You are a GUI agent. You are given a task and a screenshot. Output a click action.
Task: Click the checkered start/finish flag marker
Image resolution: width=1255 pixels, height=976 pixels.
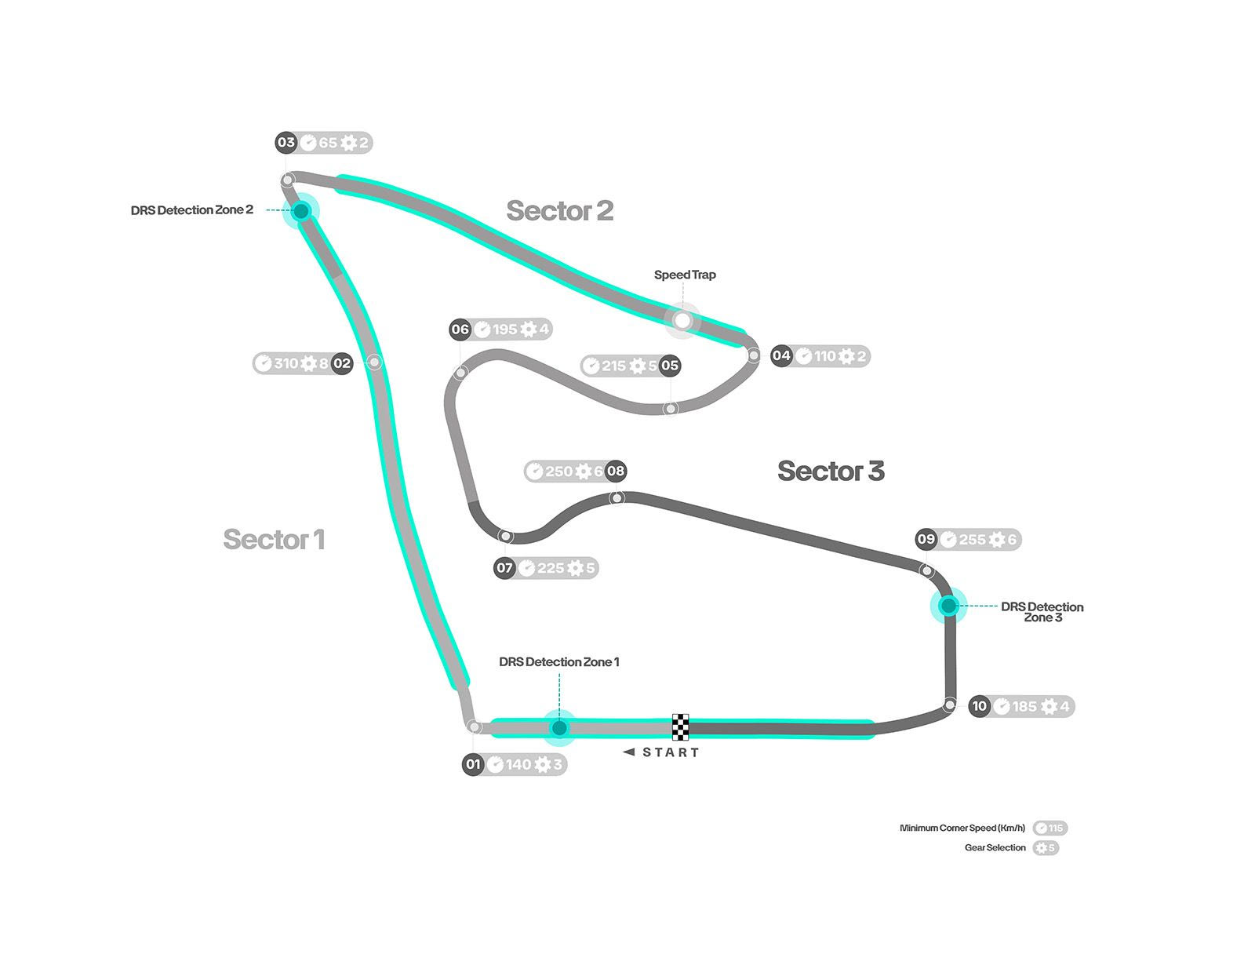tap(681, 727)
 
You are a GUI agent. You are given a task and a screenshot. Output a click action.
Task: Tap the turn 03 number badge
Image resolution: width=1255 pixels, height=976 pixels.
tap(286, 143)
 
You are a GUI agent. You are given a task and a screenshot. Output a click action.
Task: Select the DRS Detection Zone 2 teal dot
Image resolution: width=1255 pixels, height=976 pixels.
tap(301, 210)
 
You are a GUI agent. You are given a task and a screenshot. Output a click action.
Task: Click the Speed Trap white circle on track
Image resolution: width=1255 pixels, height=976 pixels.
tap(682, 320)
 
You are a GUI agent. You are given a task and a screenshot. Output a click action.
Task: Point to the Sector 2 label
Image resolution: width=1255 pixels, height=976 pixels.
tap(559, 210)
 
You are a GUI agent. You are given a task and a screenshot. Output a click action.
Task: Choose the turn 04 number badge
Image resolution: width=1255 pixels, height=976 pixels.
tap(781, 355)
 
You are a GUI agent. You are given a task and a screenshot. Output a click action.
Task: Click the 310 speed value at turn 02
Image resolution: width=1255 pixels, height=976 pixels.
tap(286, 363)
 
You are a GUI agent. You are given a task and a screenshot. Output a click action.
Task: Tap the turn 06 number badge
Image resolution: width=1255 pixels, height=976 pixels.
tap(460, 330)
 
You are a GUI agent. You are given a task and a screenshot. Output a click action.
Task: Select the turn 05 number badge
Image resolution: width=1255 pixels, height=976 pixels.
tap(669, 366)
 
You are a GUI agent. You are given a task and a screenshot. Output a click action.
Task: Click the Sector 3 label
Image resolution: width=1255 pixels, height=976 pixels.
tap(831, 471)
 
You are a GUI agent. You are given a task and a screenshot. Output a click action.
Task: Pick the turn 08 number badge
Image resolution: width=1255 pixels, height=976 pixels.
tap(616, 472)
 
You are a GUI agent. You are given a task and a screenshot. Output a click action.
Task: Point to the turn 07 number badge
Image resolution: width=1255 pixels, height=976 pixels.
tap(504, 567)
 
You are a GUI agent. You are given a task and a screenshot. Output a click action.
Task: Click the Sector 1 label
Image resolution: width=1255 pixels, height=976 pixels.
tap(274, 540)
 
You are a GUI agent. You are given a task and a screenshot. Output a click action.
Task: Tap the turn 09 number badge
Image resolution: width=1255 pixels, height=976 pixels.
tap(926, 539)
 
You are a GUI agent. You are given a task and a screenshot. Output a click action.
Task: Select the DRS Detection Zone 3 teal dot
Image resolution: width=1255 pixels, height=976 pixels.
tap(948, 606)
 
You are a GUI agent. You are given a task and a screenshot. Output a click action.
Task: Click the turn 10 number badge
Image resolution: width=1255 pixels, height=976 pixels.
tap(979, 706)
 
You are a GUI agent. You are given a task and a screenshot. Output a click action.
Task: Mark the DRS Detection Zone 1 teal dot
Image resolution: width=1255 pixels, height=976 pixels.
tap(559, 728)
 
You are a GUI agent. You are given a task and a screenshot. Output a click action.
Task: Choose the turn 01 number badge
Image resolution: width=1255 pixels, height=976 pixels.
tap(473, 764)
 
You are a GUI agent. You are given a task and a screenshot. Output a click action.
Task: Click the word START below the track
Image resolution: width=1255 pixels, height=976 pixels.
tap(670, 752)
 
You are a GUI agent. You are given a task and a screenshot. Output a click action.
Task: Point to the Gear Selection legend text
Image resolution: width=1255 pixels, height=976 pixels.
tap(995, 847)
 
